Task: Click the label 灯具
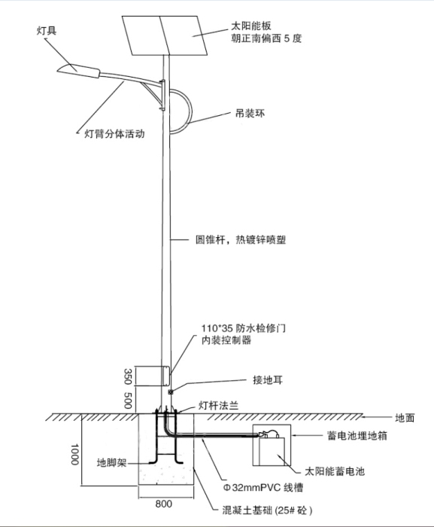(47, 32)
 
